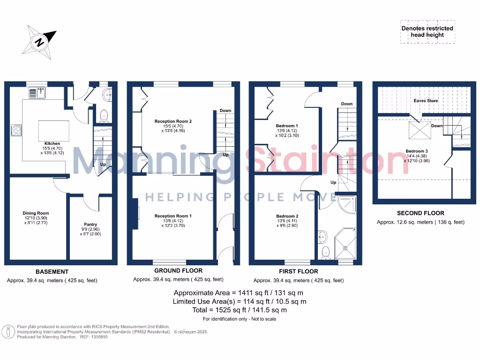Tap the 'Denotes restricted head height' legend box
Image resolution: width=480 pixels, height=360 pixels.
click(427, 31)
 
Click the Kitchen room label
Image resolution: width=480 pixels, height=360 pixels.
click(52, 143)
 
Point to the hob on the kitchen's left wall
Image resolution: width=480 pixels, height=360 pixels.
click(15, 129)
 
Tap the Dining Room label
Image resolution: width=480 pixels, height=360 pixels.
click(36, 213)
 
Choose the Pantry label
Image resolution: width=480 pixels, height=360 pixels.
click(90, 225)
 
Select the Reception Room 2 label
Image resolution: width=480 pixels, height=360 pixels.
click(173, 121)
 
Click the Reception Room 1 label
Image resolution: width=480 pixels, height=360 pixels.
click(173, 216)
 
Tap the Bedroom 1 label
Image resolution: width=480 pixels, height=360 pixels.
click(286, 126)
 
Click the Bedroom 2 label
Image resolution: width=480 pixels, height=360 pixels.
click(287, 216)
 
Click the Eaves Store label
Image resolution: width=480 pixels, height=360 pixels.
click(426, 101)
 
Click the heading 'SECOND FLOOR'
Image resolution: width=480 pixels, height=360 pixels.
click(420, 213)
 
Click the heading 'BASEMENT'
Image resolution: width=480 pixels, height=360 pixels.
click(52, 271)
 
